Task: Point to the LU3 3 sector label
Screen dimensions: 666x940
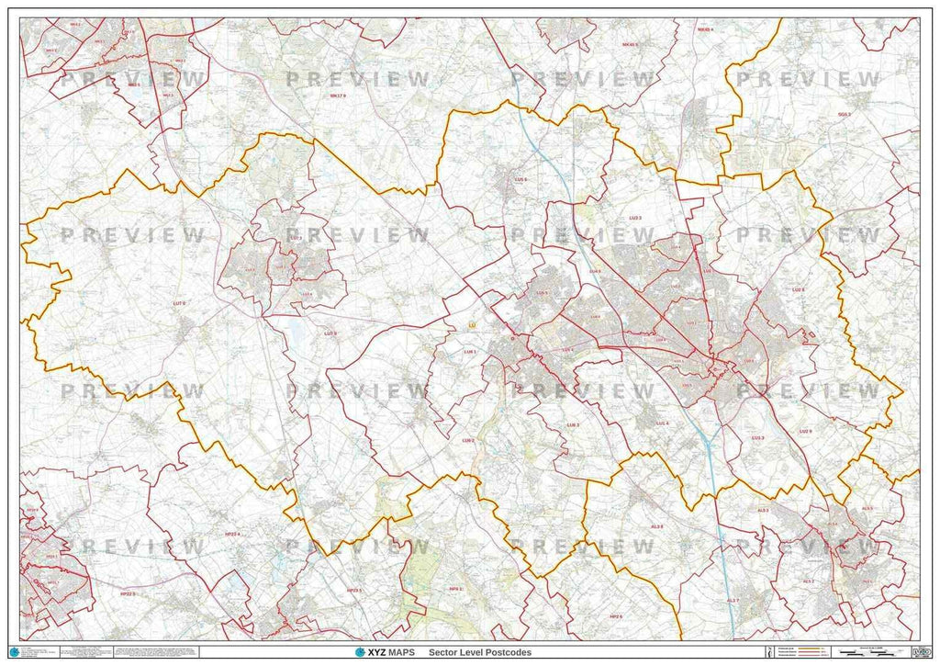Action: pyautogui.click(x=634, y=218)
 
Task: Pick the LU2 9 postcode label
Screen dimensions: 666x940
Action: pyautogui.click(x=805, y=431)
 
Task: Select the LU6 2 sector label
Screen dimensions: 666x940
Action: pyautogui.click(x=468, y=441)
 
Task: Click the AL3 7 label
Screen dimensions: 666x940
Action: pyautogui.click(x=733, y=600)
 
